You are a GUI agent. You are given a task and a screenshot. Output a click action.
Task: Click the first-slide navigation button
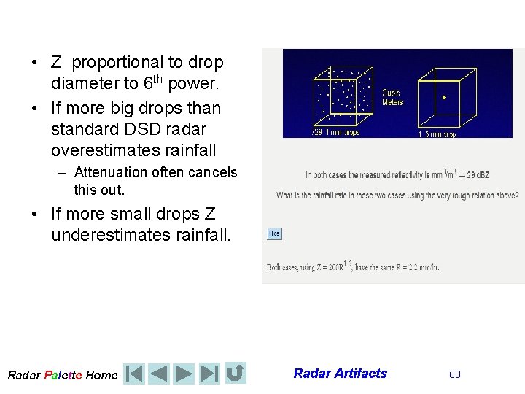pyautogui.click(x=134, y=374)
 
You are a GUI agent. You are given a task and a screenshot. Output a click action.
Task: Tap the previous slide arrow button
pyautogui.click(x=159, y=374)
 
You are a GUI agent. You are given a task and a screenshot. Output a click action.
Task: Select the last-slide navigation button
pyautogui.click(x=209, y=374)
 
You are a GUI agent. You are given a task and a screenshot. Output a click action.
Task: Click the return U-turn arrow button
pyautogui.click(x=236, y=374)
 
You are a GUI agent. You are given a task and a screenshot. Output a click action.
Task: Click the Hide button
pyautogui.click(x=274, y=233)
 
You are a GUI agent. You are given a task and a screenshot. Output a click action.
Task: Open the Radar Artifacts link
pyautogui.click(x=341, y=374)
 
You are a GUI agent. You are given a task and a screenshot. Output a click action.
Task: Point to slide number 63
pyautogui.click(x=455, y=374)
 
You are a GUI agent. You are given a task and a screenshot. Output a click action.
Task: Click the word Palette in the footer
pyautogui.click(x=63, y=375)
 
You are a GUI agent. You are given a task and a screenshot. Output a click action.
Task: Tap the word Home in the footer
pyautogui.click(x=101, y=375)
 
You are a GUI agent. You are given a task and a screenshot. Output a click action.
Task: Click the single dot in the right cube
pyautogui.click(x=444, y=96)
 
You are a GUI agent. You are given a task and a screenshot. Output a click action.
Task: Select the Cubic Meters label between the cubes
pyautogui.click(x=392, y=98)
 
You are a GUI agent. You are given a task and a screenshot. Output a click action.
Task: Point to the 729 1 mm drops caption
pyautogui.click(x=335, y=134)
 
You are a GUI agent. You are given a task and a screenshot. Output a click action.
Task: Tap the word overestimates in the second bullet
pyautogui.click(x=98, y=150)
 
